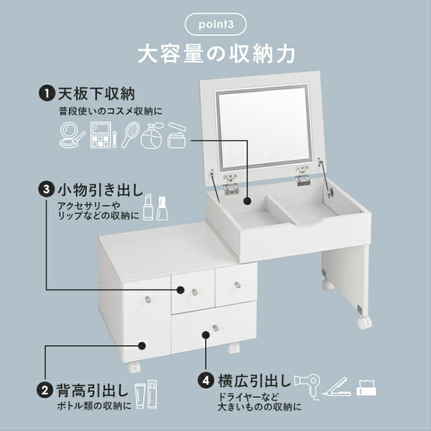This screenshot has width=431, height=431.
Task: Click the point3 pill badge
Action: [x=215, y=25]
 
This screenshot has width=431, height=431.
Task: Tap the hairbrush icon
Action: [x=130, y=133]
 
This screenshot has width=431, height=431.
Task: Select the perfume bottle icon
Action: [x=152, y=136]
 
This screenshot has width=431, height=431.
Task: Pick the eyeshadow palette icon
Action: [x=101, y=134]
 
